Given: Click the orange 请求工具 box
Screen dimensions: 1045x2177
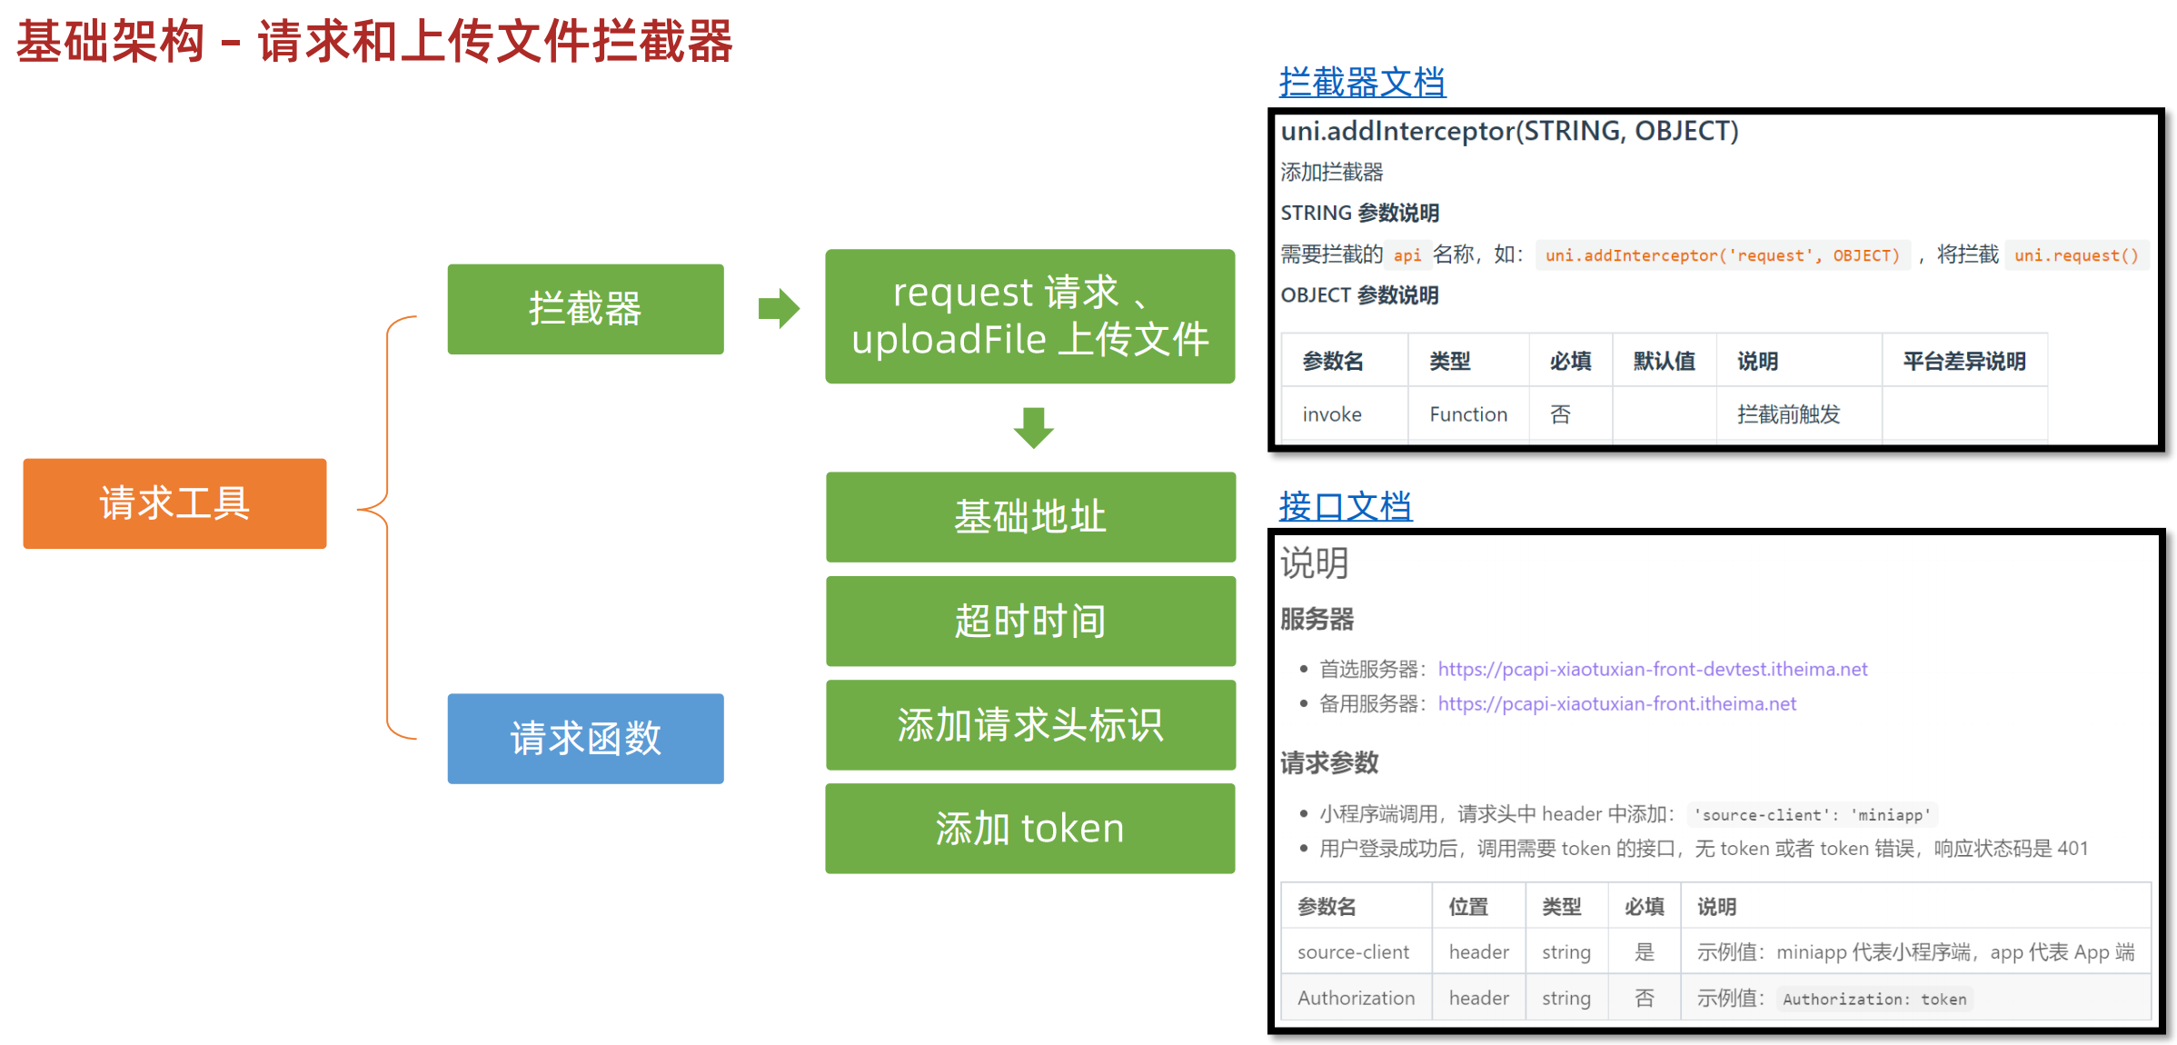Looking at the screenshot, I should pyautogui.click(x=174, y=503).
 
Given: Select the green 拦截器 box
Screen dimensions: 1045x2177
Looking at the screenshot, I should pyautogui.click(x=585, y=309).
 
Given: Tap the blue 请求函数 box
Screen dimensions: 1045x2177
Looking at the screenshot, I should pyautogui.click(x=585, y=738).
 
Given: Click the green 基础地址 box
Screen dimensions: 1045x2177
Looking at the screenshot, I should pyautogui.click(x=1030, y=516).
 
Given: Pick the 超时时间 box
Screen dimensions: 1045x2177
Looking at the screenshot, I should pyautogui.click(x=1030, y=621).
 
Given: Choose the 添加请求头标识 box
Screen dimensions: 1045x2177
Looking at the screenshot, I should pyautogui.click(x=1030, y=724).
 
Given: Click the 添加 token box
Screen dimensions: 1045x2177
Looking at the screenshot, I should pyautogui.click(x=1030, y=828).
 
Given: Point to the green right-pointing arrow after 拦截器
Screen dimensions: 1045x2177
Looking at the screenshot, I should pyautogui.click(x=779, y=309).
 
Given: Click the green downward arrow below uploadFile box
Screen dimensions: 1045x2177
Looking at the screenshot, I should pyautogui.click(x=1033, y=427).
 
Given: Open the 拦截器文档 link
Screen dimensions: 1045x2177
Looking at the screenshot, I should pyautogui.click(x=1361, y=83).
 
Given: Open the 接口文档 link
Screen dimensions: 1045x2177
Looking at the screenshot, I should pyautogui.click(x=1345, y=506).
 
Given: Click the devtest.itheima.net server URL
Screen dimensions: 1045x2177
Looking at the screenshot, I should pyautogui.click(x=1652, y=670).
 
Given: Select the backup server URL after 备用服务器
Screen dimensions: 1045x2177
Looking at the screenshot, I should pyautogui.click(x=1616, y=704).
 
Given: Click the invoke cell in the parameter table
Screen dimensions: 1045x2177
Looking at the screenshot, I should pyautogui.click(x=1331, y=414).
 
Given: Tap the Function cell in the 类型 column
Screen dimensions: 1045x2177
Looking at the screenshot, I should pyautogui.click(x=1467, y=414).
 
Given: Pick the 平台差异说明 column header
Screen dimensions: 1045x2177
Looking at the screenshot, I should pyautogui.click(x=1963, y=362).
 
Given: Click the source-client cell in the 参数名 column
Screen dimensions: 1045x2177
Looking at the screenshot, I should pyautogui.click(x=1353, y=952).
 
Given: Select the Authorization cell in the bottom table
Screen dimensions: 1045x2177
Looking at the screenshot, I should pyautogui.click(x=1356, y=998).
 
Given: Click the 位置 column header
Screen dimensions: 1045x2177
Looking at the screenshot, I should pyautogui.click(x=1467, y=907).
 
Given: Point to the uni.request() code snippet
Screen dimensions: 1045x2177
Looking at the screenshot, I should pyautogui.click(x=2076, y=255).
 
